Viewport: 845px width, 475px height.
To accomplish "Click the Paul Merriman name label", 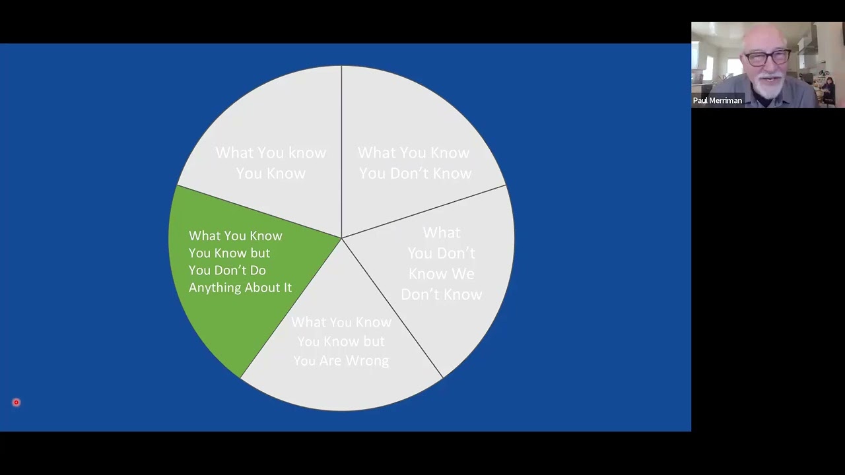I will (x=718, y=101).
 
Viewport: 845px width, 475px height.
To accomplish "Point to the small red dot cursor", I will (x=17, y=402).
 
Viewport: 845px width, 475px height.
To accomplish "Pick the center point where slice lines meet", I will (x=341, y=238).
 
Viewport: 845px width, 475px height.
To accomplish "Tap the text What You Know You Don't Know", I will (x=415, y=163).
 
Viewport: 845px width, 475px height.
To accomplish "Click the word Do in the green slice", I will (x=257, y=270).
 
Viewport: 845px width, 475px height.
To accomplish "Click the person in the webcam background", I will (x=827, y=89).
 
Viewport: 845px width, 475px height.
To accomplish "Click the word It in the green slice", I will (x=287, y=288).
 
